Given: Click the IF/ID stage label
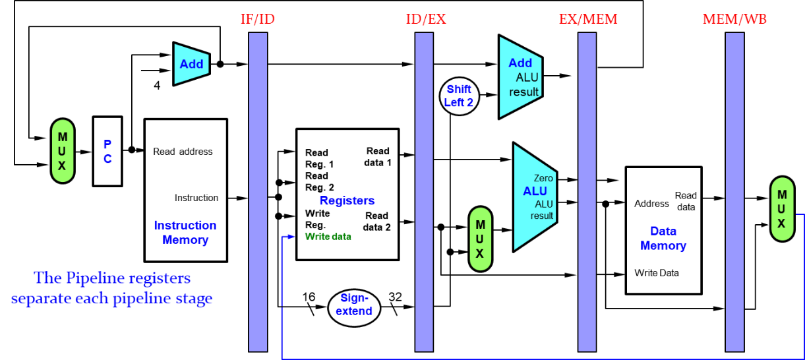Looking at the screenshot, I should (257, 18).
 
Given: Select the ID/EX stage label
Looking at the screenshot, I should (426, 18).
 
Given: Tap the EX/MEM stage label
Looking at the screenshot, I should (588, 18).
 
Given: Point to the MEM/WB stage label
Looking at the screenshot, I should (734, 18).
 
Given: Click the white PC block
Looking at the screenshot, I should (107, 151).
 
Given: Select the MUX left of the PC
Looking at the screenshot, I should (62, 151).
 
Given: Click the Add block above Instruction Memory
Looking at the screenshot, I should (191, 64).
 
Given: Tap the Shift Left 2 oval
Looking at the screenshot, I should (459, 96).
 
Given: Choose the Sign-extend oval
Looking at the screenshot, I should (354, 305).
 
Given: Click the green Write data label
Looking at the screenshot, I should (328, 237).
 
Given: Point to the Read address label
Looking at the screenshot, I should (183, 152).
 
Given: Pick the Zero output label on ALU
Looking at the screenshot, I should (543, 178).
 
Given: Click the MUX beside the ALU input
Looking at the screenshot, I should (480, 239).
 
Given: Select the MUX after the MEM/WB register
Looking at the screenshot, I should (782, 209).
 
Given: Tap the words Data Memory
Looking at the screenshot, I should (663, 239).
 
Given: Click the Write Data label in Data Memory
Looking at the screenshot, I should (656, 273).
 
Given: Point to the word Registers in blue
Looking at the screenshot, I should (347, 200).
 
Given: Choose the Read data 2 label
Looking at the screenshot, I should (376, 222).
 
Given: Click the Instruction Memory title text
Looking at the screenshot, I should (185, 233).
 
